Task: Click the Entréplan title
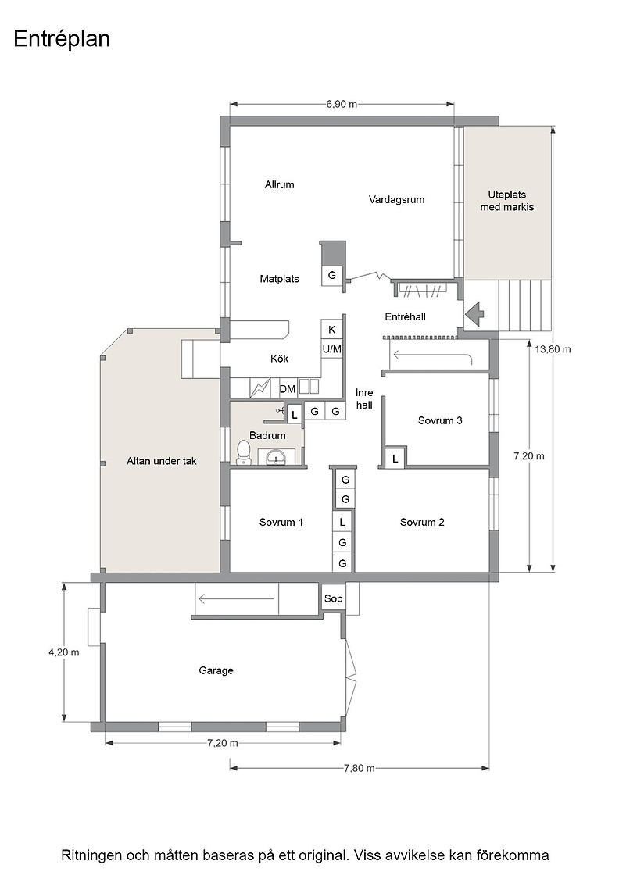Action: point(62,39)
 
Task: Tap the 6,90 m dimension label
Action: point(342,104)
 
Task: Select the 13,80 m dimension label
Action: point(553,349)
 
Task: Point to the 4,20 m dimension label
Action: point(63,652)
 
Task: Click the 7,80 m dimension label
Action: point(359,768)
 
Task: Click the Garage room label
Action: point(216,670)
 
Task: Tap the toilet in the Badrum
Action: point(243,452)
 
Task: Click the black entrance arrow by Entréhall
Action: point(475,313)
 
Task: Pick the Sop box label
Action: point(333,598)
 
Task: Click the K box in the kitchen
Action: point(331,329)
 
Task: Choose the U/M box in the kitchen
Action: point(331,349)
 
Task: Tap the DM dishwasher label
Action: point(288,389)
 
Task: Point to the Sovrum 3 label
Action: point(440,420)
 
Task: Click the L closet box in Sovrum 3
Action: point(395,458)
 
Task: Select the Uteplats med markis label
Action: point(506,201)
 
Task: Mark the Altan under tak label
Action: point(161,461)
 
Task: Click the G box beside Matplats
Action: point(332,274)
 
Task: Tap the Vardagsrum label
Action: point(396,200)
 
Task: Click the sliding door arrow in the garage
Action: point(236,600)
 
